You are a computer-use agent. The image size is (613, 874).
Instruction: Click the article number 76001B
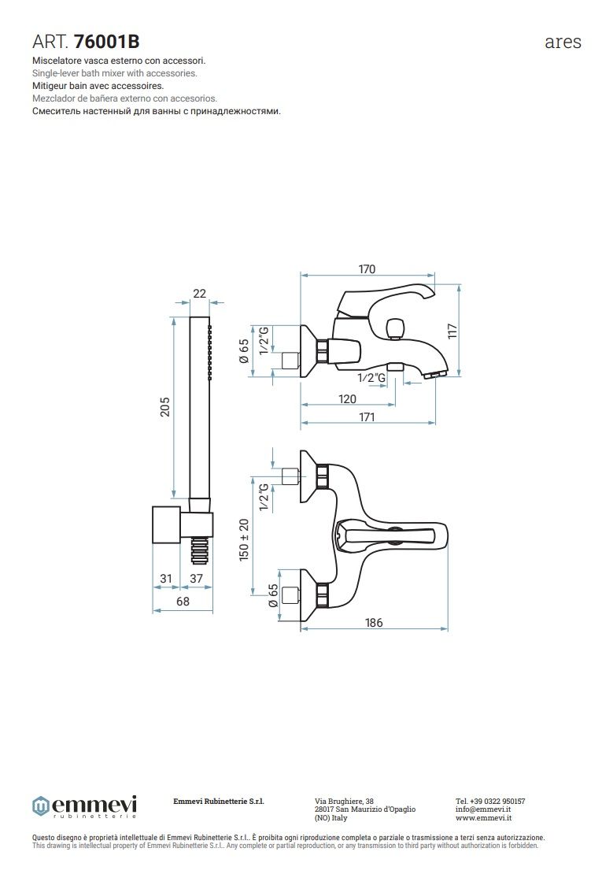tap(106, 41)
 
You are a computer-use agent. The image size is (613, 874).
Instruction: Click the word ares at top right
tap(563, 43)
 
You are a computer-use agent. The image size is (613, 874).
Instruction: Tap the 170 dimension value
tap(367, 269)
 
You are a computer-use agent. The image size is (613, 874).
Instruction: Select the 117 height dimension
tap(452, 331)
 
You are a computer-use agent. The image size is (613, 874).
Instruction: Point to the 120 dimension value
tap(347, 399)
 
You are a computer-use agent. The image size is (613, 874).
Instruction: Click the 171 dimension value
tap(367, 417)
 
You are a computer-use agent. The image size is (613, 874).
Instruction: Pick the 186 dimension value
tap(374, 623)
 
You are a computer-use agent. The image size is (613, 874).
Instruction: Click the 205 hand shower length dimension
tap(165, 407)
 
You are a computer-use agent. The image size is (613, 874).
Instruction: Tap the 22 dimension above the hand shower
tap(200, 293)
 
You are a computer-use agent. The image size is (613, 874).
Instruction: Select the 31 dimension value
tap(166, 579)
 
